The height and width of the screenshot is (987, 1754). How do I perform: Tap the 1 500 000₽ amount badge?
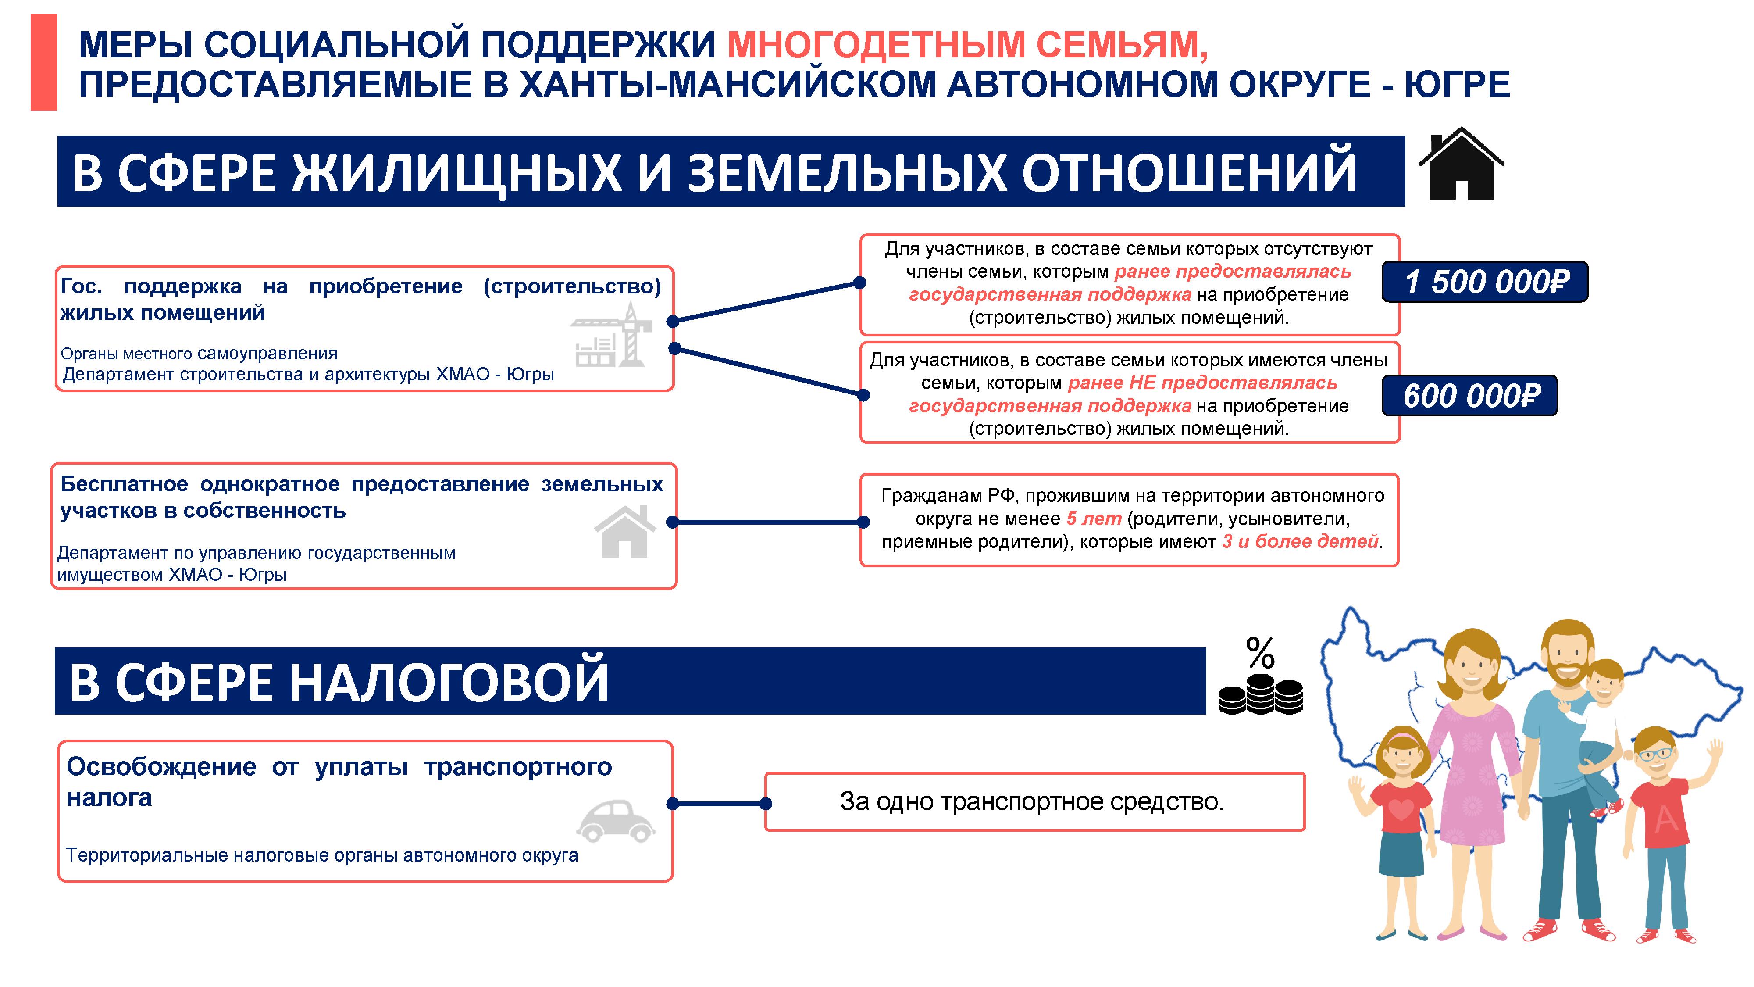point(1484,281)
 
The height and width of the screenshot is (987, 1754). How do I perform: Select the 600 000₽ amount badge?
point(1469,395)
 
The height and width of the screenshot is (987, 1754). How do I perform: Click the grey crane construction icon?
point(611,335)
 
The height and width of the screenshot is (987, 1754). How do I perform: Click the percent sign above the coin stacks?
point(1260,653)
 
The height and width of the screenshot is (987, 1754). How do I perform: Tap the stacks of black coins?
point(1260,694)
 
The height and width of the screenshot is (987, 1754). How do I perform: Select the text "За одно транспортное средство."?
point(1031,802)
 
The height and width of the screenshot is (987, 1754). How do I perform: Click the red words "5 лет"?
point(1094,519)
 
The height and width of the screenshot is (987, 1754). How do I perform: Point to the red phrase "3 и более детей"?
point(1301,541)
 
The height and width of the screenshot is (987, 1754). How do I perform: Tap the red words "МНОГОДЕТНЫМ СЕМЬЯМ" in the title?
point(968,44)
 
